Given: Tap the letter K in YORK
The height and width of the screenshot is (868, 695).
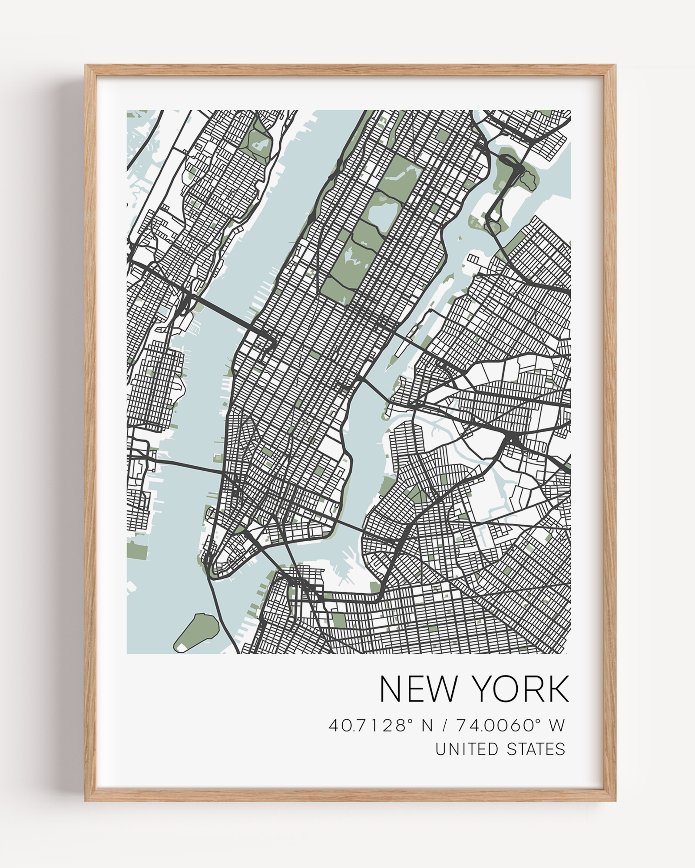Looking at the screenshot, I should click(x=557, y=689).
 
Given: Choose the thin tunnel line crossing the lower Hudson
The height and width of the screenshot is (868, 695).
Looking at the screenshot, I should click(x=187, y=467).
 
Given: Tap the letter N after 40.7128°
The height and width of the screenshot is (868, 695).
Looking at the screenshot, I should click(x=427, y=726).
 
